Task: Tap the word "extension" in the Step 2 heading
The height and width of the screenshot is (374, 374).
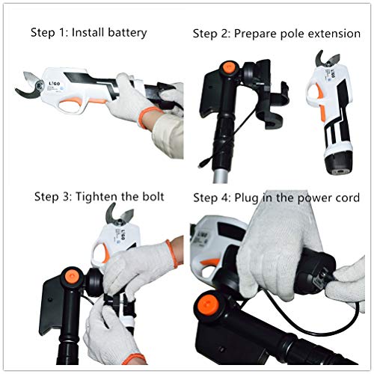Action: [x=334, y=34]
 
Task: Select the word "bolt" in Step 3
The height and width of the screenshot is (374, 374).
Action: [x=153, y=197]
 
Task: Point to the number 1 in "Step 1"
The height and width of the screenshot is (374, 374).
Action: [x=61, y=33]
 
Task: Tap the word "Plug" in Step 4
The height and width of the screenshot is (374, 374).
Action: [x=246, y=199]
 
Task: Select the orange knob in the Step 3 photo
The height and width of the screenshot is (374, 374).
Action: [x=72, y=277]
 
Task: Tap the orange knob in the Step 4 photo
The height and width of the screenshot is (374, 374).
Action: [x=208, y=304]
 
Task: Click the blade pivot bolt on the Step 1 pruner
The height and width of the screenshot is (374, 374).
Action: [x=39, y=85]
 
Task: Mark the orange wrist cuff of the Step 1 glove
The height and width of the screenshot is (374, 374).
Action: [x=147, y=117]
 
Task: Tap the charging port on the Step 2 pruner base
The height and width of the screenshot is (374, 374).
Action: [x=340, y=172]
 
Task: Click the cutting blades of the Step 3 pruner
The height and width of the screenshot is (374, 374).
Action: [x=119, y=214]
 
